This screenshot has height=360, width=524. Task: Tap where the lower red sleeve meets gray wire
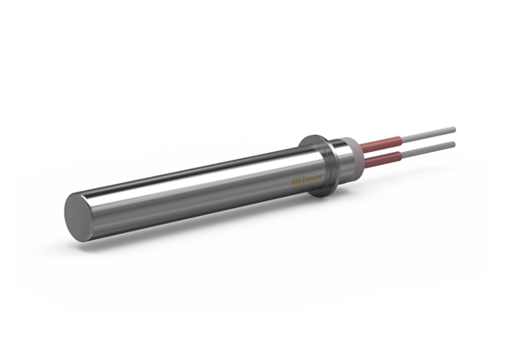click(x=405, y=151)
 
